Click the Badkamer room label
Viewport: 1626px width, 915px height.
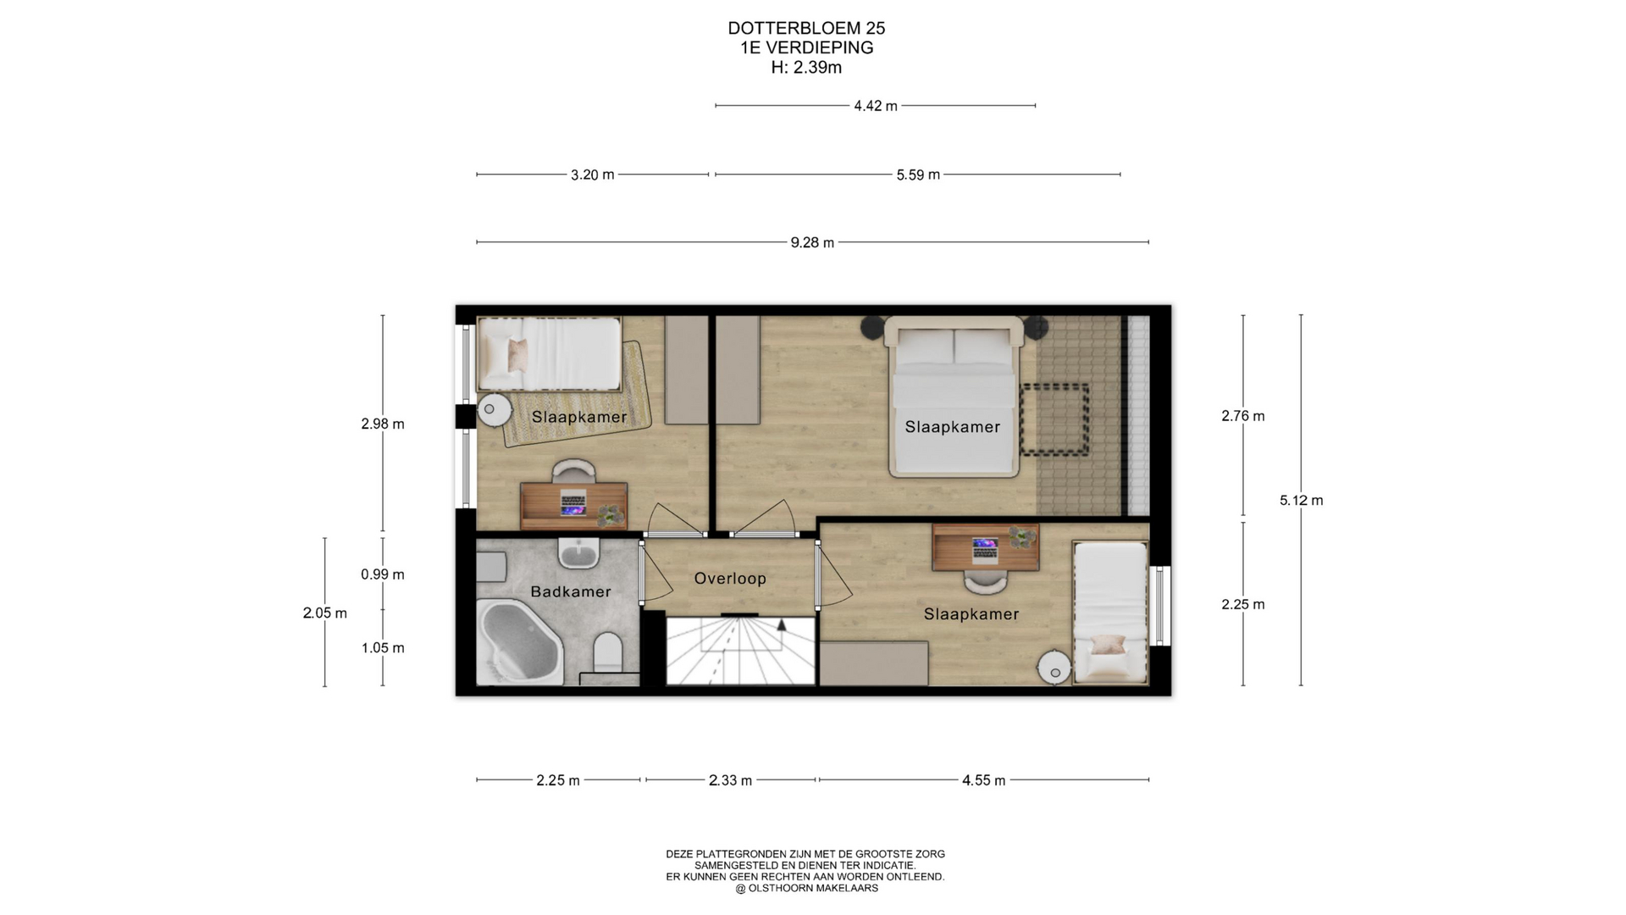tap(570, 591)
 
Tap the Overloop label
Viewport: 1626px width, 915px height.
tap(730, 579)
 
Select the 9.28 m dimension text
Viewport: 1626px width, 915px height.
tap(812, 243)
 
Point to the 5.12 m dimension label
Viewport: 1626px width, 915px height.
tap(1301, 501)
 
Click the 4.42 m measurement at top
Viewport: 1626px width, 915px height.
tap(876, 106)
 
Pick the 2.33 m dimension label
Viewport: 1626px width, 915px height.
tap(730, 780)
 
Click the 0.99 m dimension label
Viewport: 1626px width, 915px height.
tap(383, 574)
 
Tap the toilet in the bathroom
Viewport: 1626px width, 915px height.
tap(608, 652)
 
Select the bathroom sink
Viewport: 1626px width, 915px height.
tap(578, 552)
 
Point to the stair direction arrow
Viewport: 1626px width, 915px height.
tap(782, 625)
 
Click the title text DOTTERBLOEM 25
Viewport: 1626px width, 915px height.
tap(806, 28)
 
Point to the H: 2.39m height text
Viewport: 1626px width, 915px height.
tap(806, 68)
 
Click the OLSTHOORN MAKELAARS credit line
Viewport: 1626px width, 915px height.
tap(806, 889)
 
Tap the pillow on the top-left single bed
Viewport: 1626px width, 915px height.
tap(517, 353)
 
